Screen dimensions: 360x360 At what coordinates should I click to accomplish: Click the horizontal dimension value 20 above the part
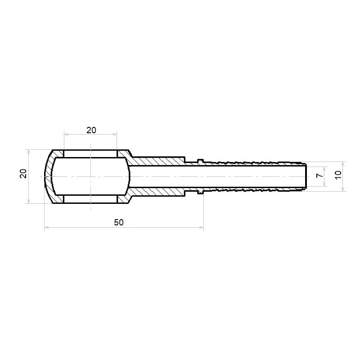pos(91,130)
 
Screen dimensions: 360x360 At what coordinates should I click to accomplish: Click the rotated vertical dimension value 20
pos(23,174)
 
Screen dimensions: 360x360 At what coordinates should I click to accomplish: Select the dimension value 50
pos(119,222)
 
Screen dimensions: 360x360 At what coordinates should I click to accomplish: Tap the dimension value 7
pos(319,175)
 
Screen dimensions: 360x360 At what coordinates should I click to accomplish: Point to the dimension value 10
pos(338,175)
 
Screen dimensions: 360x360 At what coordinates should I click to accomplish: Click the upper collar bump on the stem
pos(200,161)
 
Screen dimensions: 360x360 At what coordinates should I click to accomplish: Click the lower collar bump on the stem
pos(200,192)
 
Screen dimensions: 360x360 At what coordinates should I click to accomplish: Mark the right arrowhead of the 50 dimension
pos(202,228)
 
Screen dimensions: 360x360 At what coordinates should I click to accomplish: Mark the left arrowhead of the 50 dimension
pos(46,228)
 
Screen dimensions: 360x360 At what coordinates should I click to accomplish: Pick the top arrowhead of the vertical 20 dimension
pos(29,152)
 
